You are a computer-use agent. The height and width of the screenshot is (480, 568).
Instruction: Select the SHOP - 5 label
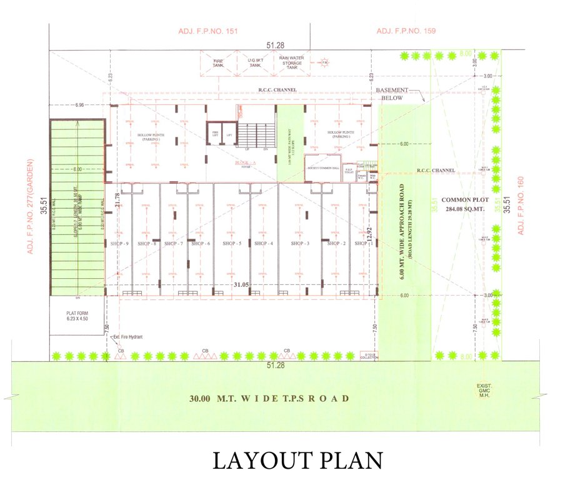(x=231, y=244)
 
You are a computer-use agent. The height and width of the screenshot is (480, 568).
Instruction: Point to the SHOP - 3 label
(x=300, y=244)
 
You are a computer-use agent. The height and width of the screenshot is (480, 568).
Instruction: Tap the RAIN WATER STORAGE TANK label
(x=291, y=62)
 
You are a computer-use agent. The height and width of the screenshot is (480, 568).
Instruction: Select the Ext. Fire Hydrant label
(x=128, y=337)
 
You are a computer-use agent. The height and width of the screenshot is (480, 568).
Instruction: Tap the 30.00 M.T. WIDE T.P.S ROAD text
(x=269, y=399)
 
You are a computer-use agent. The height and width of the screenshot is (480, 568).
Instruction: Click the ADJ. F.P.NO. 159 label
(x=406, y=31)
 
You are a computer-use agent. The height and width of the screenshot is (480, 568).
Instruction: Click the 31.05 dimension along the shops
(x=241, y=286)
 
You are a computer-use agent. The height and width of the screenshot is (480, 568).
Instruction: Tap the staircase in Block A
(x=257, y=134)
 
